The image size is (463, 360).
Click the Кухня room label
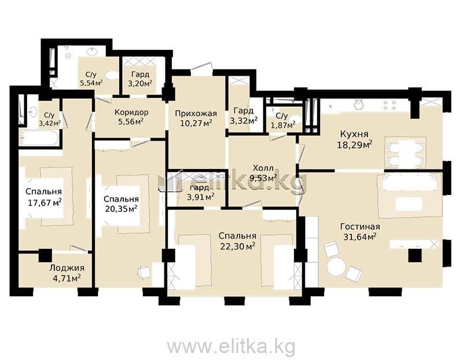354,134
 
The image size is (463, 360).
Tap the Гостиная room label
360,227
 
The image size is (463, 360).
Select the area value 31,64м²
360,237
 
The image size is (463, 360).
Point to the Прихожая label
196,113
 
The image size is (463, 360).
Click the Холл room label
263,168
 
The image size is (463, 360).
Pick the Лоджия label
67,268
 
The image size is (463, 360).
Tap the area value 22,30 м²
238,246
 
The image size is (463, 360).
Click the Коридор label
131,112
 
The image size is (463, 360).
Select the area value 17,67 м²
45,203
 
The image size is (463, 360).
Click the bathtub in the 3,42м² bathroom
41,138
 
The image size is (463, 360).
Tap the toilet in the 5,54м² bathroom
111,75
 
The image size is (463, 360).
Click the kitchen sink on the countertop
359,105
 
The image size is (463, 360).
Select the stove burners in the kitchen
389,105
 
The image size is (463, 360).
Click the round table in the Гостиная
336,267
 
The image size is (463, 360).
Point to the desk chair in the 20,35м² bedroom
144,273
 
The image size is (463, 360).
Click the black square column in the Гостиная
415,255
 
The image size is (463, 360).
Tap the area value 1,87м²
283,125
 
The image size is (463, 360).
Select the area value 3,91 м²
201,196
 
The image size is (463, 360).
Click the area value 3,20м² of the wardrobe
140,83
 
